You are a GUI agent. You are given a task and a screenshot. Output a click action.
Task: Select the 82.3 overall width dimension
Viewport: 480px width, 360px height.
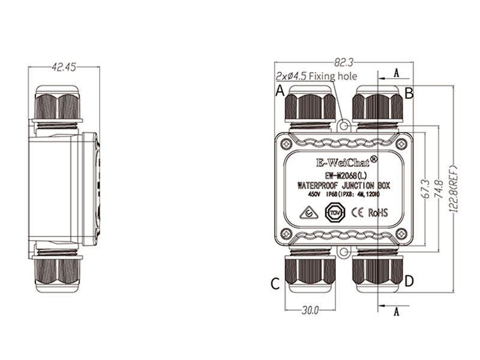click(x=343, y=61)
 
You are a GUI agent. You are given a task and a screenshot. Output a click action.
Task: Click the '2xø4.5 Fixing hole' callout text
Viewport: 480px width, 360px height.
click(x=316, y=76)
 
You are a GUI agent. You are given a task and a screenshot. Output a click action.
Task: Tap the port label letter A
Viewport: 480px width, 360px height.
click(x=279, y=91)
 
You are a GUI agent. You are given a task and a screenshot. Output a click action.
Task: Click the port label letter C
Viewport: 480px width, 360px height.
click(x=275, y=283)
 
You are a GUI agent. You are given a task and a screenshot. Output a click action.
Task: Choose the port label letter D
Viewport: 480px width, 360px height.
click(x=409, y=281)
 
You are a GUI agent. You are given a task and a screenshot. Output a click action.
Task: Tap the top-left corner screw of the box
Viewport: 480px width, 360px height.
click(x=286, y=144)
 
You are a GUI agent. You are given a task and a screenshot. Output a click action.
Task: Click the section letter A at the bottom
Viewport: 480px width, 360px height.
click(x=396, y=311)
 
